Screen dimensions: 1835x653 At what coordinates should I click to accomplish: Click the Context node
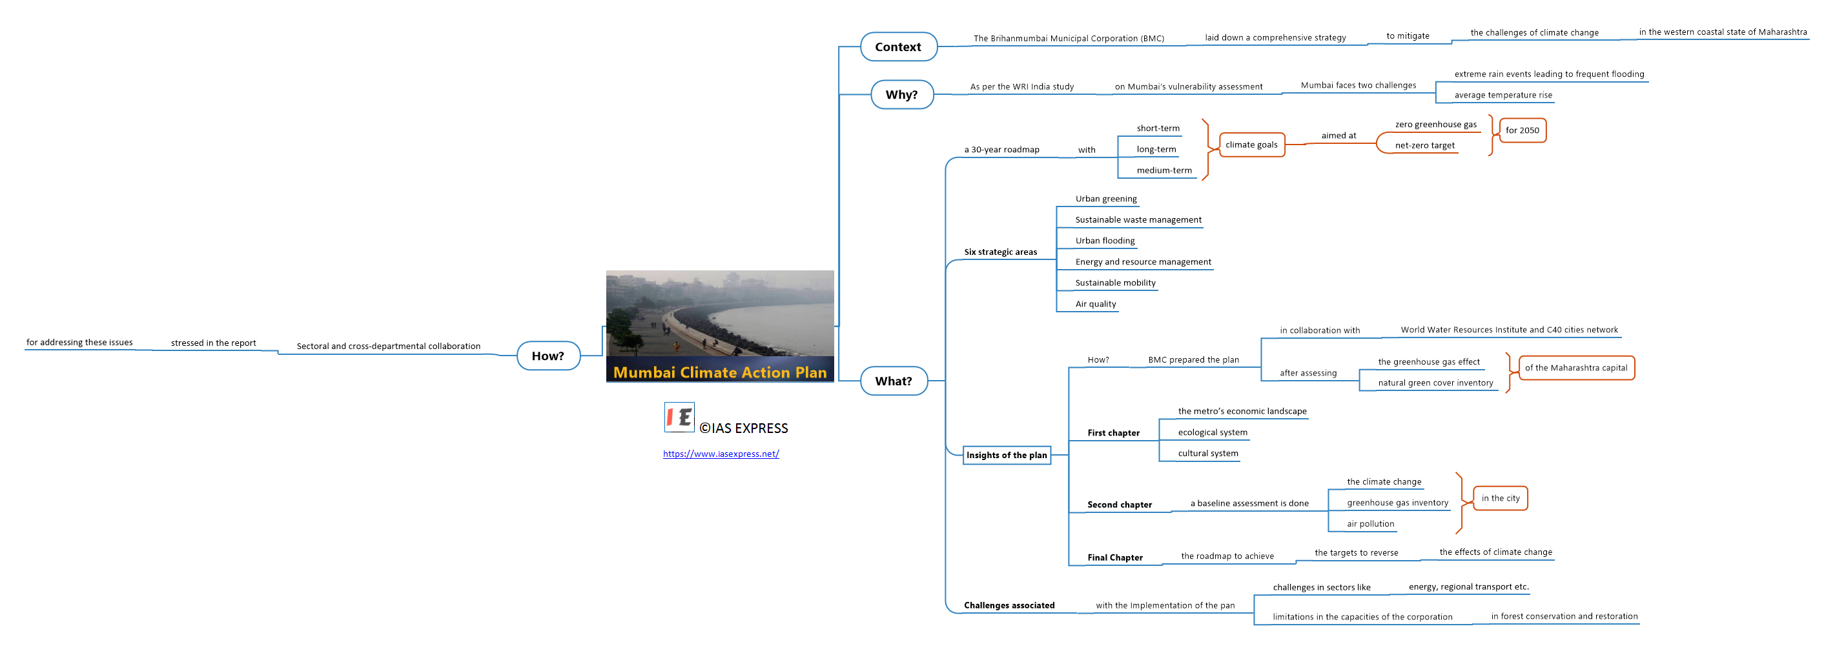(898, 47)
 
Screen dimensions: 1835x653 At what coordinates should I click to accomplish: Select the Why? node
(902, 95)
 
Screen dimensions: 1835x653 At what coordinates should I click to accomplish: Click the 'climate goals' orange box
(1251, 145)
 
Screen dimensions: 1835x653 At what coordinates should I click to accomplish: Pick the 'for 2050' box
(1522, 130)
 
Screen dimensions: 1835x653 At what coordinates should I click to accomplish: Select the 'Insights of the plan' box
(1007, 455)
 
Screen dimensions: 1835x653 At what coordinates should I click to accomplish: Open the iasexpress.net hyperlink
(721, 454)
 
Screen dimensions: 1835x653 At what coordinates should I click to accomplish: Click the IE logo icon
(679, 417)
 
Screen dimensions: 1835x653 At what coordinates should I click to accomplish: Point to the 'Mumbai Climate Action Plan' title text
(719, 372)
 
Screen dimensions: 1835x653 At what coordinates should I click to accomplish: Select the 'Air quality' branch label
(1096, 304)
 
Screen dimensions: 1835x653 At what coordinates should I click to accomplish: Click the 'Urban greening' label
(1105, 199)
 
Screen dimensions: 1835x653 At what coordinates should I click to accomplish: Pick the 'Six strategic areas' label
(1000, 252)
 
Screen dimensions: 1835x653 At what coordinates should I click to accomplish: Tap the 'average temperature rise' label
(1503, 95)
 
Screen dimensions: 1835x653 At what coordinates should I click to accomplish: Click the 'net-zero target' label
(1425, 145)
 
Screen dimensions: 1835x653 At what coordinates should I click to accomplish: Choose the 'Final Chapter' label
(1115, 558)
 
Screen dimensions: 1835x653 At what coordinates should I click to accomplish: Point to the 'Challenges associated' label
(1009, 605)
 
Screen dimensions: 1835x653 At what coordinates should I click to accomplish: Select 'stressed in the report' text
(213, 343)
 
